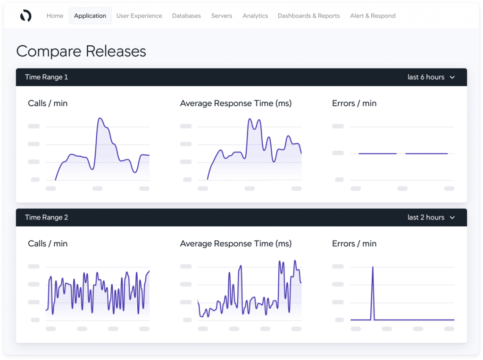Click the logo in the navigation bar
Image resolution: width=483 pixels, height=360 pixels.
pos(25,16)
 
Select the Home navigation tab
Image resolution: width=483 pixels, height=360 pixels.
pos(55,16)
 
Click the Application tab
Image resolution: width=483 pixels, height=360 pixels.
pos(90,16)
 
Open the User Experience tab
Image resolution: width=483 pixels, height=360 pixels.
pos(139,16)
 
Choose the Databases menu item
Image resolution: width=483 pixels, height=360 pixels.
pos(186,16)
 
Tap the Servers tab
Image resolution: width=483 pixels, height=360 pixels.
pos(222,16)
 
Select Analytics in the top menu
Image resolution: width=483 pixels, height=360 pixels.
pos(255,16)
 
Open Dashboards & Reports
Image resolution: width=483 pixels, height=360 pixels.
pos(308,16)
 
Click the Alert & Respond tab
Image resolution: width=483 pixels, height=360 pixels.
pos(373,16)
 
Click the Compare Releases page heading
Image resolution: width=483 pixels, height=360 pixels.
pos(81,51)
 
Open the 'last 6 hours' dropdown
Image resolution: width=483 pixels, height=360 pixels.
pos(431,77)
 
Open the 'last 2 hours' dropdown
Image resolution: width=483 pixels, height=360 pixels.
pos(431,218)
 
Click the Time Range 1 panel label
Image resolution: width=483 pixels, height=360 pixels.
pos(47,77)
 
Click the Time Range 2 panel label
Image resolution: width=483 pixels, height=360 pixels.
pos(47,218)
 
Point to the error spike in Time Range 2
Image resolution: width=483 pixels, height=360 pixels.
pos(373,268)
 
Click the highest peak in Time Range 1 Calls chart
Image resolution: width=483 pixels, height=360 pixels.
pos(100,118)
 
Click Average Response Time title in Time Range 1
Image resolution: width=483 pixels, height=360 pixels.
pos(236,103)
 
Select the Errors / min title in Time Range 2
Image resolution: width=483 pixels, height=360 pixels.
pos(354,243)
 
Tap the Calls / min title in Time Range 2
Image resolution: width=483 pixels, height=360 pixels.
pos(48,243)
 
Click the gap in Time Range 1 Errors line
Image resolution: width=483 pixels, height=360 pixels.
pos(401,153)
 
